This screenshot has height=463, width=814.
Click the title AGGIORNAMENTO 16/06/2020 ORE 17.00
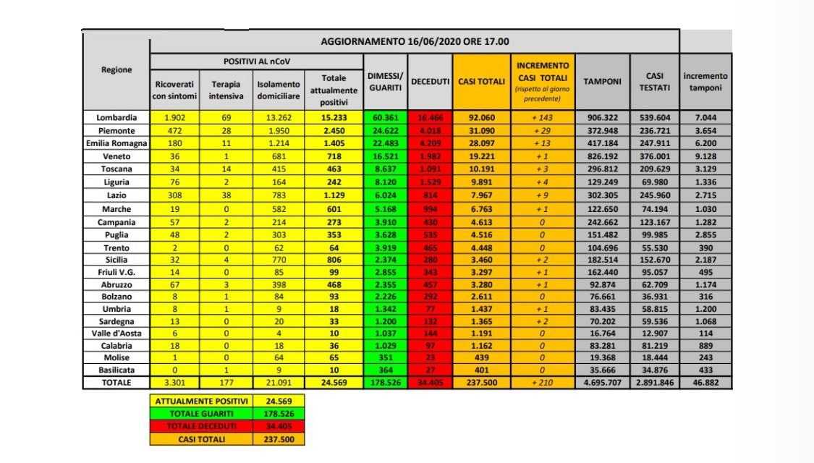coord(414,41)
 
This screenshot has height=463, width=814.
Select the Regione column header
coord(116,70)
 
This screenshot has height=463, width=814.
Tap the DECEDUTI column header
coord(431,82)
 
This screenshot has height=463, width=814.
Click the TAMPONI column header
coord(602,82)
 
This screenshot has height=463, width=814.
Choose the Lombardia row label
coord(116,117)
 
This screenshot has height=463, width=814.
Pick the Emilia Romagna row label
coord(116,143)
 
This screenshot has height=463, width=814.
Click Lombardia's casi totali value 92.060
coord(481,117)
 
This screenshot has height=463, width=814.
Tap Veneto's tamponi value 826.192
coord(602,156)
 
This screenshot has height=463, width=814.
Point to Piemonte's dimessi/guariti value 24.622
coord(384,130)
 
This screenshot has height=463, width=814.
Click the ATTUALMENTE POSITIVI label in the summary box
coord(199,401)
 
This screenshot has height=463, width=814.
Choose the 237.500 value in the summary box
coord(278,438)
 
